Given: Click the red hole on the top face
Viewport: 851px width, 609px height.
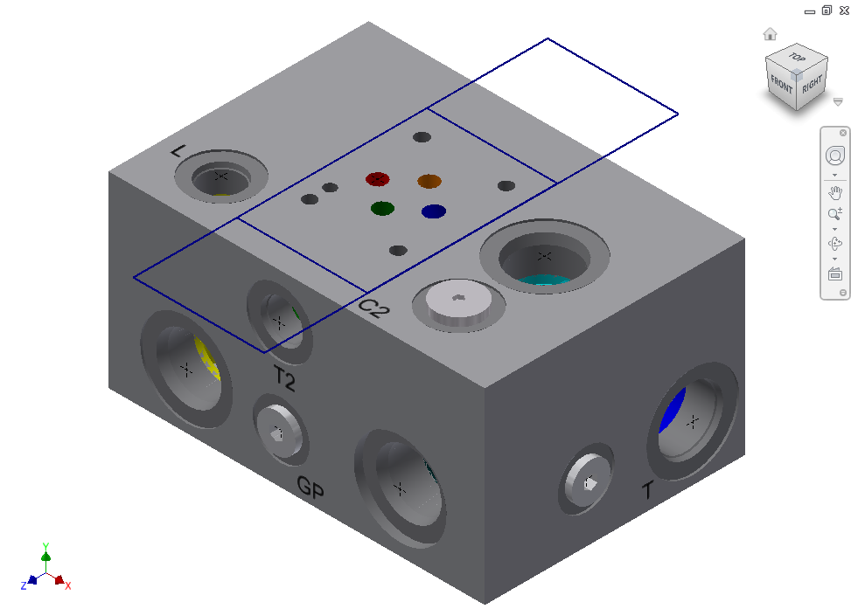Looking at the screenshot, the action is tap(377, 179).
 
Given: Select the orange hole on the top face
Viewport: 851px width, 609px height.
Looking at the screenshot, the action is tap(429, 181).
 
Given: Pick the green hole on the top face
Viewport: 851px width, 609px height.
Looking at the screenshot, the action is tap(382, 208).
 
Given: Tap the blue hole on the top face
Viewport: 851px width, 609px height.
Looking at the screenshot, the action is tap(434, 211).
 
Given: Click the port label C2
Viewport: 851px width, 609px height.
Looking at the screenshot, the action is tap(374, 308).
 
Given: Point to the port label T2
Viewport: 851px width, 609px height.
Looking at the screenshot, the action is tap(284, 378).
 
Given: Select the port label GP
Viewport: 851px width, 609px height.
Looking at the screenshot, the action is tap(310, 487).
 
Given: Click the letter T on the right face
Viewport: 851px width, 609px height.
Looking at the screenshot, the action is tap(647, 490).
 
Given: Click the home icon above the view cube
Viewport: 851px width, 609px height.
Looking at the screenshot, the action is tap(770, 34).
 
